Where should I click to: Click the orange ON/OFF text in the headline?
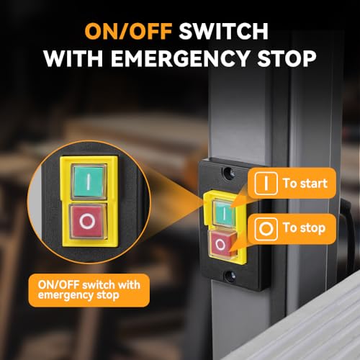(x=128, y=31)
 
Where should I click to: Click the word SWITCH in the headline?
(x=223, y=31)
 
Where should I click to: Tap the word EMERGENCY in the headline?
(x=179, y=58)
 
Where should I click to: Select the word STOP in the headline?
(x=287, y=58)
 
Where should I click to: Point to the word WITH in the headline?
(x=73, y=58)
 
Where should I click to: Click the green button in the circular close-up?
(x=89, y=181)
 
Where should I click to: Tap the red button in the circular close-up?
(x=88, y=222)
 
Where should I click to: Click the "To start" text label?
(x=305, y=184)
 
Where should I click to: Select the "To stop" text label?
(x=304, y=228)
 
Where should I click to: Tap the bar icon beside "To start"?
(x=266, y=183)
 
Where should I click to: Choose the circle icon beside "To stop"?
(x=266, y=229)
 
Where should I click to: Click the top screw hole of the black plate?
(x=228, y=173)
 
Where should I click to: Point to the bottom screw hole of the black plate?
(x=229, y=276)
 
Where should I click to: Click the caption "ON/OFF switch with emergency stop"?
(x=89, y=290)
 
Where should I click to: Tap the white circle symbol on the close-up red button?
(x=87, y=222)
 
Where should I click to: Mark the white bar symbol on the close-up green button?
(x=89, y=181)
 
